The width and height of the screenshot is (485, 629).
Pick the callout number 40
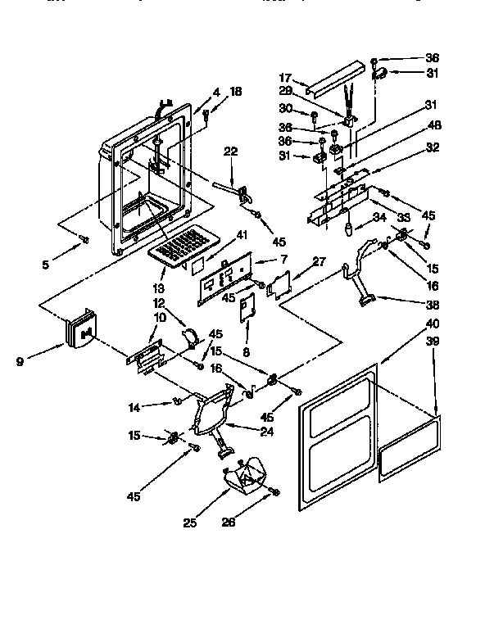[x=432, y=324]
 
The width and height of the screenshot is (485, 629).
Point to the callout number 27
[x=319, y=262]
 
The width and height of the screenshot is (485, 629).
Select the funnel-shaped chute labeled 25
[x=246, y=474]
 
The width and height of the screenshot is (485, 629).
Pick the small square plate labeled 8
[x=246, y=307]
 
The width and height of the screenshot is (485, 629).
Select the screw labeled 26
[x=274, y=491]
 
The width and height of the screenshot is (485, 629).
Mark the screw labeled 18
[x=206, y=117]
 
